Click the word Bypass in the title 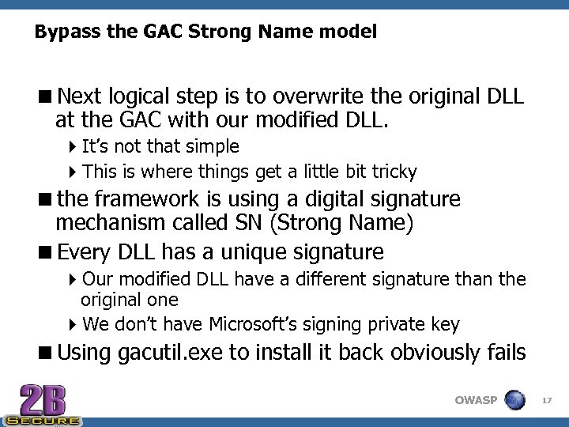click(59, 32)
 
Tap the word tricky click(393, 172)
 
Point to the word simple click(213, 147)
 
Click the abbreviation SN click(249, 224)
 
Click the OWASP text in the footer click(476, 400)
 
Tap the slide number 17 click(547, 401)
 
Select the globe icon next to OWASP click(514, 400)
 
